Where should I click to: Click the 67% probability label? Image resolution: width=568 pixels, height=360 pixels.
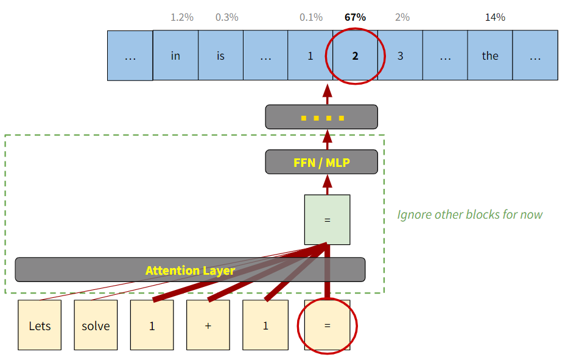pos(355,17)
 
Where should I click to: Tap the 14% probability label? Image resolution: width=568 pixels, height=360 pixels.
pos(495,17)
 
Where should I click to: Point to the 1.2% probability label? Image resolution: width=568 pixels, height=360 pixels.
pos(182,17)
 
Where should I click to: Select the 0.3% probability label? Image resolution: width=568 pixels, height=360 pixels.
pos(226,17)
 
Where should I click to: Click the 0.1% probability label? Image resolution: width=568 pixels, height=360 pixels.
pos(310,17)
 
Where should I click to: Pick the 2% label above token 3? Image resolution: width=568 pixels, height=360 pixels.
pos(402,17)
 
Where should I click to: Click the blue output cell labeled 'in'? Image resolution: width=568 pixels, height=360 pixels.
pos(175,56)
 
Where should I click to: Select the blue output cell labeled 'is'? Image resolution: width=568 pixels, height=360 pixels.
pos(220,56)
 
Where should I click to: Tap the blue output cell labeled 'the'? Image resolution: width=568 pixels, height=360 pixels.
pos(490,56)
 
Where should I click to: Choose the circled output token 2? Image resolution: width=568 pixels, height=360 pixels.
pos(355,56)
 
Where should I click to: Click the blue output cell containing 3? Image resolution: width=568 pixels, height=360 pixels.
pos(400,56)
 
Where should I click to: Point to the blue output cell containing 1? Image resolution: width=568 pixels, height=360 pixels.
pos(310,56)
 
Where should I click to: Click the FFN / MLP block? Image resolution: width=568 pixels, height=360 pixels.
pos(321,163)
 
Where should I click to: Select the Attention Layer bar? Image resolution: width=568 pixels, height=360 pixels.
pos(190,270)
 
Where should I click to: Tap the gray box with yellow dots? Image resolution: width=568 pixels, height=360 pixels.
pos(321,117)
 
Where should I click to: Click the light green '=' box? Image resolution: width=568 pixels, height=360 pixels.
pos(327,219)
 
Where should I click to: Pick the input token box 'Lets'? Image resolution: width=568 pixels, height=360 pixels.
pos(40,325)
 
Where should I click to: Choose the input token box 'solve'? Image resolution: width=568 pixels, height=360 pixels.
pos(96,325)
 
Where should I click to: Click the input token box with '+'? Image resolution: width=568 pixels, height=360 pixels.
pos(208,325)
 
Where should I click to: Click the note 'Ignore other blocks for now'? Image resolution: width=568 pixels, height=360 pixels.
pos(469,214)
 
